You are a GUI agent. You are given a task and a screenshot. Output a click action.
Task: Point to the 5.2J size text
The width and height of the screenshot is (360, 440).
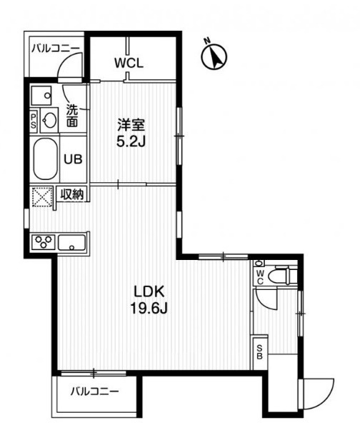point(131,141)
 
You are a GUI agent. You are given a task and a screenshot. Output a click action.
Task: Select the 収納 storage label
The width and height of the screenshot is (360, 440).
point(73,194)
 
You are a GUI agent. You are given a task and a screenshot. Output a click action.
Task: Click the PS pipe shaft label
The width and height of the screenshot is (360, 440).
point(34,121)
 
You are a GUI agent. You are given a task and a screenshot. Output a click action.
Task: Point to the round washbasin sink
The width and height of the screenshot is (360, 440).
point(49,119)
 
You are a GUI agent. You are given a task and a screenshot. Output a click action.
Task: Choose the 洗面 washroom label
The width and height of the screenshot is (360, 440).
point(73,116)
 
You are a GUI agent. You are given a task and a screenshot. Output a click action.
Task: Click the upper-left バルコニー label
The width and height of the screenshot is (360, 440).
point(54,49)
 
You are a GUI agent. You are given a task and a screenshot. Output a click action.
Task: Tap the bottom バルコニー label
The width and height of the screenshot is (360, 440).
point(94,391)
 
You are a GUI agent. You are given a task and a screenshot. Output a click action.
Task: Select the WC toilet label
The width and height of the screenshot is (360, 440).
point(260,275)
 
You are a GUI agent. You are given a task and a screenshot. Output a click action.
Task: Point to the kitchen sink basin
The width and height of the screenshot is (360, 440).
point(72,243)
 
